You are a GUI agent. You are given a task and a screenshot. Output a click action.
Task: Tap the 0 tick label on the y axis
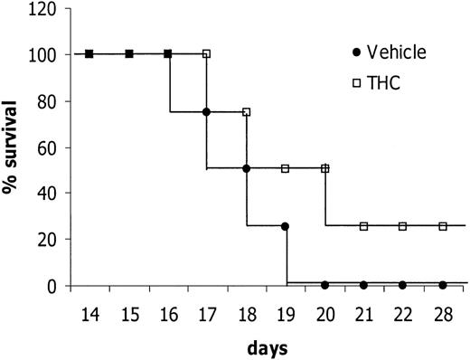[55, 286]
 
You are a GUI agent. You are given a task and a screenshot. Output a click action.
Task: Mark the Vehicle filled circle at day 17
[207, 112]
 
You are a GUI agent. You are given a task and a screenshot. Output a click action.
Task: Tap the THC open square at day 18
[246, 112]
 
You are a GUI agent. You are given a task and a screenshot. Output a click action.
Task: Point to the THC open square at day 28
[443, 225]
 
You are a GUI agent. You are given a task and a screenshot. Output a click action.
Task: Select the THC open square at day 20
[325, 168]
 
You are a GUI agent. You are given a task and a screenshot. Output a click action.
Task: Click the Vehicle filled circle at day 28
[443, 285]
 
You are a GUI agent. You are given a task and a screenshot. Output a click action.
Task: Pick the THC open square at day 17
[207, 54]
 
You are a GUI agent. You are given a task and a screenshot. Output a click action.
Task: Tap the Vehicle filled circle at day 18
[246, 168]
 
